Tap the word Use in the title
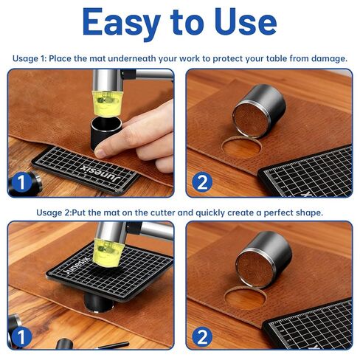246,22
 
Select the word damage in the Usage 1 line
329,58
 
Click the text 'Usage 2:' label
54,212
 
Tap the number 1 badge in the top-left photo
21,182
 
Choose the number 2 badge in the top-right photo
202,182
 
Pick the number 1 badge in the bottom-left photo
21,337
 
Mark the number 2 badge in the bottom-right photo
202,337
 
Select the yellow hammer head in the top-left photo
107,103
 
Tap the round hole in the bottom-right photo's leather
245,299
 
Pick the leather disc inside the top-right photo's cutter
251,120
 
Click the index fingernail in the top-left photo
100,153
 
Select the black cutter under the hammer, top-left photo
106,133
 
